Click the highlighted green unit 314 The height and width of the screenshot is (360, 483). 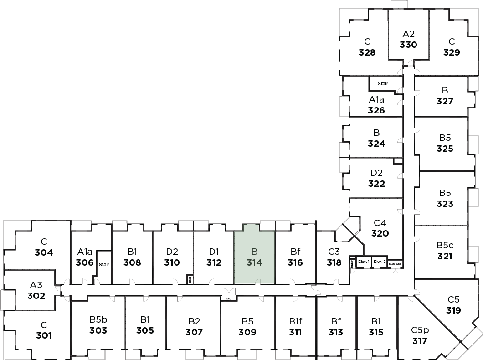tap(254, 257)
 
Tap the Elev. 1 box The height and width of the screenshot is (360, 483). tap(364, 262)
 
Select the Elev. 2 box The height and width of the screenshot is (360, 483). tap(380, 262)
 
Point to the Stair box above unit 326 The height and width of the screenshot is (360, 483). tap(383, 83)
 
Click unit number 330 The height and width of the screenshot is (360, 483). tap(409, 45)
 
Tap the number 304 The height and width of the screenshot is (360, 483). tap(44, 252)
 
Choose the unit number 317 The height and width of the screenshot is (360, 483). tap(419, 340)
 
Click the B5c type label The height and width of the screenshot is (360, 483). tap(445, 246)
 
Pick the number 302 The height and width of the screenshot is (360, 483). tap(36, 295)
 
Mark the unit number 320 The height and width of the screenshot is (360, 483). tap(380, 233)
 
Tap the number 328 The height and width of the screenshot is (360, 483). tap(367, 52)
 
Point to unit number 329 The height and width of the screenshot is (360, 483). tap(452, 52)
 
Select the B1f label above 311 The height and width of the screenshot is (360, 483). tap(295, 321)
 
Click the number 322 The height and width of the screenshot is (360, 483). tap(376, 184)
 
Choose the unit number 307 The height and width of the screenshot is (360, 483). tap(194, 332)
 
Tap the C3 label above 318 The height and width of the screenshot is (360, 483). tap(334, 252)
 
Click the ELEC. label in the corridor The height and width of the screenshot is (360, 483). tap(228, 298)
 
